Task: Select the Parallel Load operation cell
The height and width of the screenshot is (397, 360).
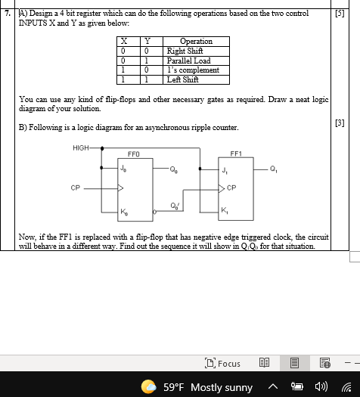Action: pyautogui.click(x=188, y=60)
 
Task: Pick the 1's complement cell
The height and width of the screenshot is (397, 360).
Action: pyautogui.click(x=192, y=70)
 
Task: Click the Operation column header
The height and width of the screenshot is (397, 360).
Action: pyautogui.click(x=195, y=41)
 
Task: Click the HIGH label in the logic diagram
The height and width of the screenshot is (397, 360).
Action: pyautogui.click(x=81, y=147)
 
